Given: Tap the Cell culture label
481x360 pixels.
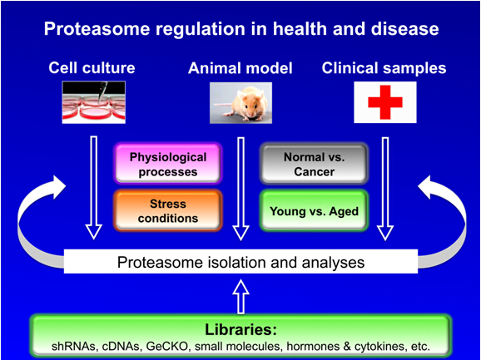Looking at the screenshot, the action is point(92,67).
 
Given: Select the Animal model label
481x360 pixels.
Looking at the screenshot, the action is point(240,68).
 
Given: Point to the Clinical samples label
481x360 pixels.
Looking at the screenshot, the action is point(384,68).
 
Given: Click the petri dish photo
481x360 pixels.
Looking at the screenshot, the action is point(94,102).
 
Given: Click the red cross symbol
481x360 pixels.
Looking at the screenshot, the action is point(385,102).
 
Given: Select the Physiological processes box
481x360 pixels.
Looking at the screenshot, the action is point(168,165).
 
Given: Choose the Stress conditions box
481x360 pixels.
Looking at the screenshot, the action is point(168,210).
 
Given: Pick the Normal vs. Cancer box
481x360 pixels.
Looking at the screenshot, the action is point(314,165).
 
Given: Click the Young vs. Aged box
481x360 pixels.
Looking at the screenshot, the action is point(314,210).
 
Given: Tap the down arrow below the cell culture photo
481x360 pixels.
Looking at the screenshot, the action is point(93,188).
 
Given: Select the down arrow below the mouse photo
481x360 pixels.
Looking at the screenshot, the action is point(240,189).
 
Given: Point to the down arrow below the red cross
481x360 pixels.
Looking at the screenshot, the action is point(385,189).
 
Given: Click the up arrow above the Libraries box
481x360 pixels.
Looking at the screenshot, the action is point(240,297).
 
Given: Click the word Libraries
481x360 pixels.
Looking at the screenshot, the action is point(240,332).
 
